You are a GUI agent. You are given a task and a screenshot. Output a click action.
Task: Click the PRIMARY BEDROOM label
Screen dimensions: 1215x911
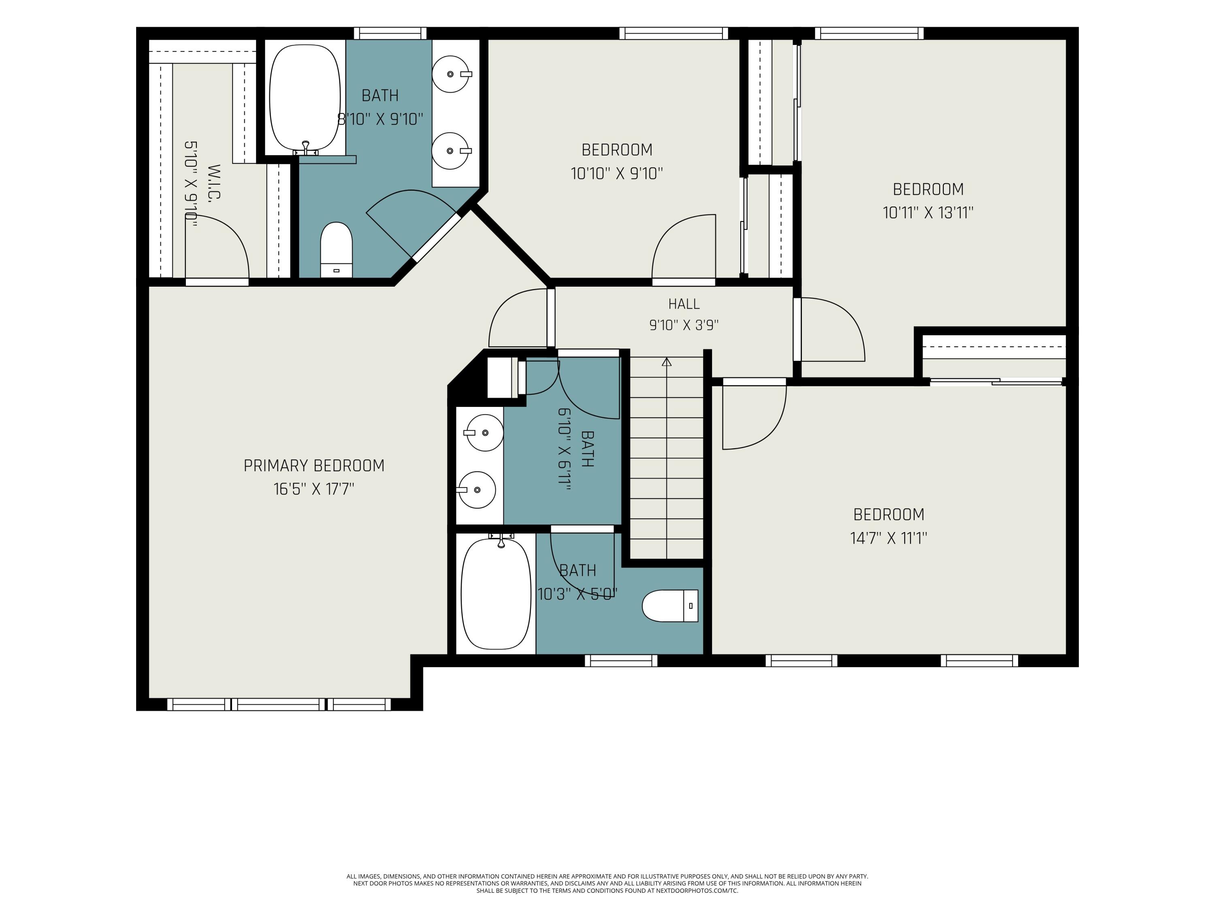click(x=313, y=466)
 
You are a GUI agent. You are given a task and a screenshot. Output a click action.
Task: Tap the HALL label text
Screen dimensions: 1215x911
click(x=684, y=304)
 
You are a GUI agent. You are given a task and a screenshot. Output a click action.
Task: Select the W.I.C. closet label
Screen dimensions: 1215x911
click(x=214, y=182)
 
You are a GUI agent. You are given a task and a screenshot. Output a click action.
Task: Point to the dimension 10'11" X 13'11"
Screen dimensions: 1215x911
click(x=928, y=213)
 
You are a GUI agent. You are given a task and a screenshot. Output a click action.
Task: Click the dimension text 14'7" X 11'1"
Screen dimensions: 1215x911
click(x=889, y=538)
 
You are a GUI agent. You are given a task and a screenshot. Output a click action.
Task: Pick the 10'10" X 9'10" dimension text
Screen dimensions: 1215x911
click(x=617, y=174)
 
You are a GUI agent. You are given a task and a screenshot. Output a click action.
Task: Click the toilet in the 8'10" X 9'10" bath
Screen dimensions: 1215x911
click(x=336, y=249)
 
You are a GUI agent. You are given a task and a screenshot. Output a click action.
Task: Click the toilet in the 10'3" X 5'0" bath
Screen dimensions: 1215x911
click(x=670, y=606)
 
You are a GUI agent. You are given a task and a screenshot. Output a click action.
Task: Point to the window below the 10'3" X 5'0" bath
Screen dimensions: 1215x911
click(x=621, y=661)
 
